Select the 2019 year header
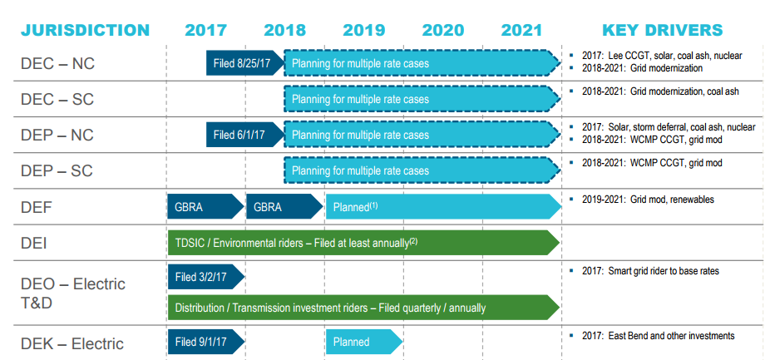(363, 30)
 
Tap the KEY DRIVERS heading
(662, 30)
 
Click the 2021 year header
(521, 30)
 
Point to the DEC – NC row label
(57, 62)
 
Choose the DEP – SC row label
(57, 170)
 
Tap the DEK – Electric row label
(72, 343)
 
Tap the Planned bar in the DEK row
(363, 342)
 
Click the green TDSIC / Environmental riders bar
(362, 242)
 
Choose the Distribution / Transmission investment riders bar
(362, 308)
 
